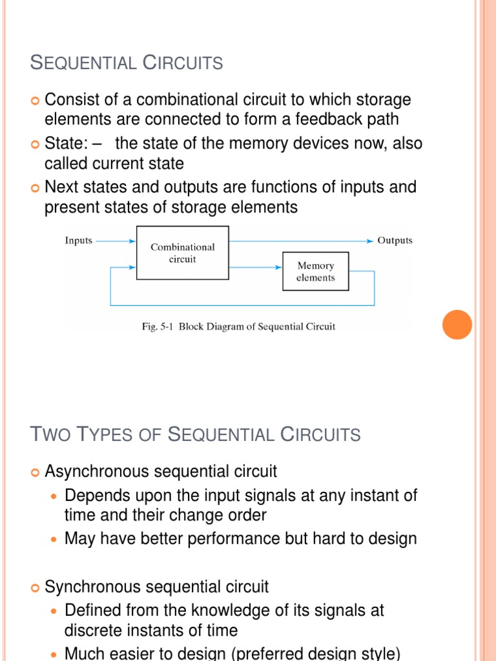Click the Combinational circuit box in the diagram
point(182,252)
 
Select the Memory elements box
point(315,271)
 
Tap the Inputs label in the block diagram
point(79,241)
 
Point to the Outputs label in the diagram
point(395,241)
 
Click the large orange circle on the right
point(457,324)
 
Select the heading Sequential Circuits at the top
point(127,63)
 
